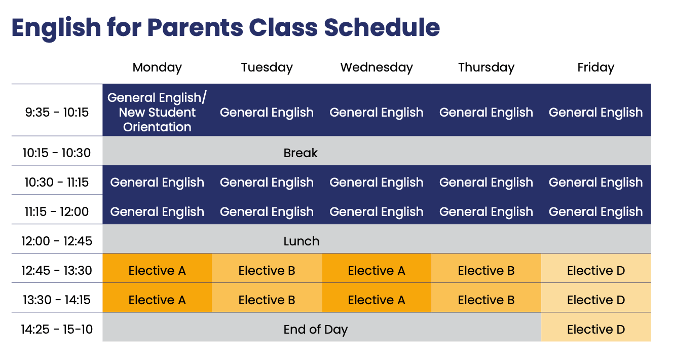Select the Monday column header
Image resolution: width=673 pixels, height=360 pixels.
pyautogui.click(x=157, y=67)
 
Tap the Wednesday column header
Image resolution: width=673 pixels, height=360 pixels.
pyautogui.click(x=377, y=67)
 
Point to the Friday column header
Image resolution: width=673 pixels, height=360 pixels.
pyautogui.click(x=595, y=67)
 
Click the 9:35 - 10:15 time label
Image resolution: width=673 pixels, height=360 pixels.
pyautogui.click(x=57, y=112)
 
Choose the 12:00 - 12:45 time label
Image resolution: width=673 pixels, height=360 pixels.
pyautogui.click(x=57, y=241)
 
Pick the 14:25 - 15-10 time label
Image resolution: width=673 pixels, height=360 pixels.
pyautogui.click(x=57, y=330)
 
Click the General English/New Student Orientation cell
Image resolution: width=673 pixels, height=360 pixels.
pyautogui.click(x=157, y=112)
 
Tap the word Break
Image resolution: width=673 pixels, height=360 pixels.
pyautogui.click(x=301, y=153)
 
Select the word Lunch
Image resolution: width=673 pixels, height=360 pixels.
pyautogui.click(x=301, y=241)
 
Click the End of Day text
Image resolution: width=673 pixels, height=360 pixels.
pyautogui.click(x=315, y=330)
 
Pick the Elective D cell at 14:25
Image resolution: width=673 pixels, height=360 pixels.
pyautogui.click(x=596, y=330)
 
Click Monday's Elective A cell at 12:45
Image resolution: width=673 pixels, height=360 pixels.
pyautogui.click(x=157, y=271)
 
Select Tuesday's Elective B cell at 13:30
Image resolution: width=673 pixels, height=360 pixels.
pyautogui.click(x=267, y=300)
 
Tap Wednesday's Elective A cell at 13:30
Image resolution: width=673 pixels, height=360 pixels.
pyautogui.click(x=377, y=300)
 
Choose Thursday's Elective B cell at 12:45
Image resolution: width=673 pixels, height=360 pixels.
pyautogui.click(x=486, y=271)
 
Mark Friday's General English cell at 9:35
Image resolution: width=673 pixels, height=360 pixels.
pyautogui.click(x=595, y=112)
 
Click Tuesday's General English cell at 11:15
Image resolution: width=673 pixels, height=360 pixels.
pyautogui.click(x=267, y=212)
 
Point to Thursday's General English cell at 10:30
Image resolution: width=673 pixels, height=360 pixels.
pyautogui.click(x=486, y=183)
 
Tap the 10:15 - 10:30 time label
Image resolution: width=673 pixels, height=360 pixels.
pyautogui.click(x=57, y=153)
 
